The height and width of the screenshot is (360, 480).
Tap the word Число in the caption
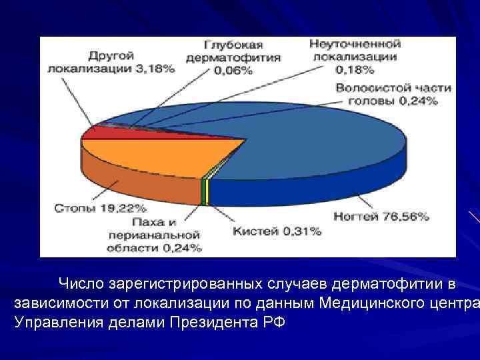[79, 285]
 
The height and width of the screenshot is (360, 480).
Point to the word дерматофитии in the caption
[393, 285]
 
